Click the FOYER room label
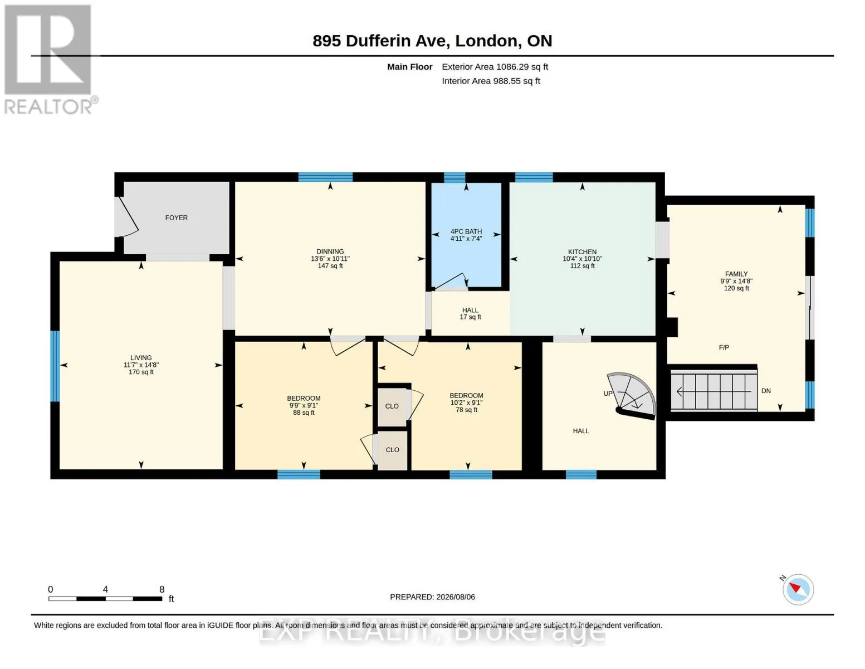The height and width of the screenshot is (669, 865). [x=176, y=217]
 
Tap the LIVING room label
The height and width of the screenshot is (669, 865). [x=141, y=358]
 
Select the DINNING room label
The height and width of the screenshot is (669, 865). [x=330, y=251]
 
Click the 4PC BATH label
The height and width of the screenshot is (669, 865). [x=466, y=231]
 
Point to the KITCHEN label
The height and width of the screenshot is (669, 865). [x=582, y=252]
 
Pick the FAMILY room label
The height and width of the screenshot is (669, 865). [x=736, y=274]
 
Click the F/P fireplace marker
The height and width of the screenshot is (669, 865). [x=724, y=347]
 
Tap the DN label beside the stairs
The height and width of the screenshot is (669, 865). [x=766, y=391]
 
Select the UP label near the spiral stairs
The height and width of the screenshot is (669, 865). [x=608, y=394]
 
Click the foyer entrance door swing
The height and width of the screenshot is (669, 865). [x=128, y=217]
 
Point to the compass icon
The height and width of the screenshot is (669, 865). [x=798, y=590]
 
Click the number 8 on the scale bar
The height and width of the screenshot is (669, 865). [x=162, y=589]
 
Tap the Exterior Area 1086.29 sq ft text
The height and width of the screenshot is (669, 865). [x=495, y=67]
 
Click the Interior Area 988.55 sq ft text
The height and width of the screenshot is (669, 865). [x=491, y=81]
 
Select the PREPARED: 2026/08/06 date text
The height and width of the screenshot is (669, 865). [x=432, y=597]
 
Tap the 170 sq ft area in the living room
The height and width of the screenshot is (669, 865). [x=141, y=372]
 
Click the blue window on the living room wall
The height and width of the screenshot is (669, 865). [x=55, y=366]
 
